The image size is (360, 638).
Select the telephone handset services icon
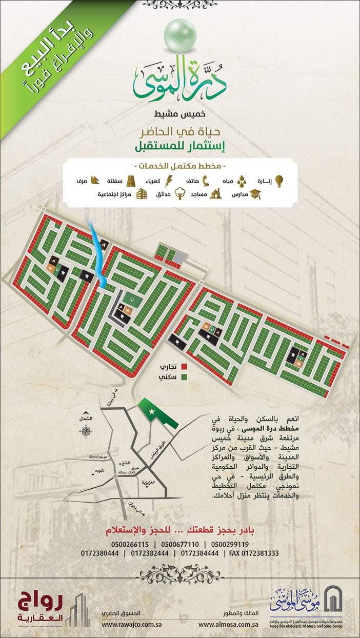click(x=207, y=181)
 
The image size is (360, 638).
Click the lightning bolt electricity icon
click(x=172, y=181)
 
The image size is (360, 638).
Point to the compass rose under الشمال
click(x=86, y=432)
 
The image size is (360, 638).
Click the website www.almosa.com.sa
click(x=228, y=625)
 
